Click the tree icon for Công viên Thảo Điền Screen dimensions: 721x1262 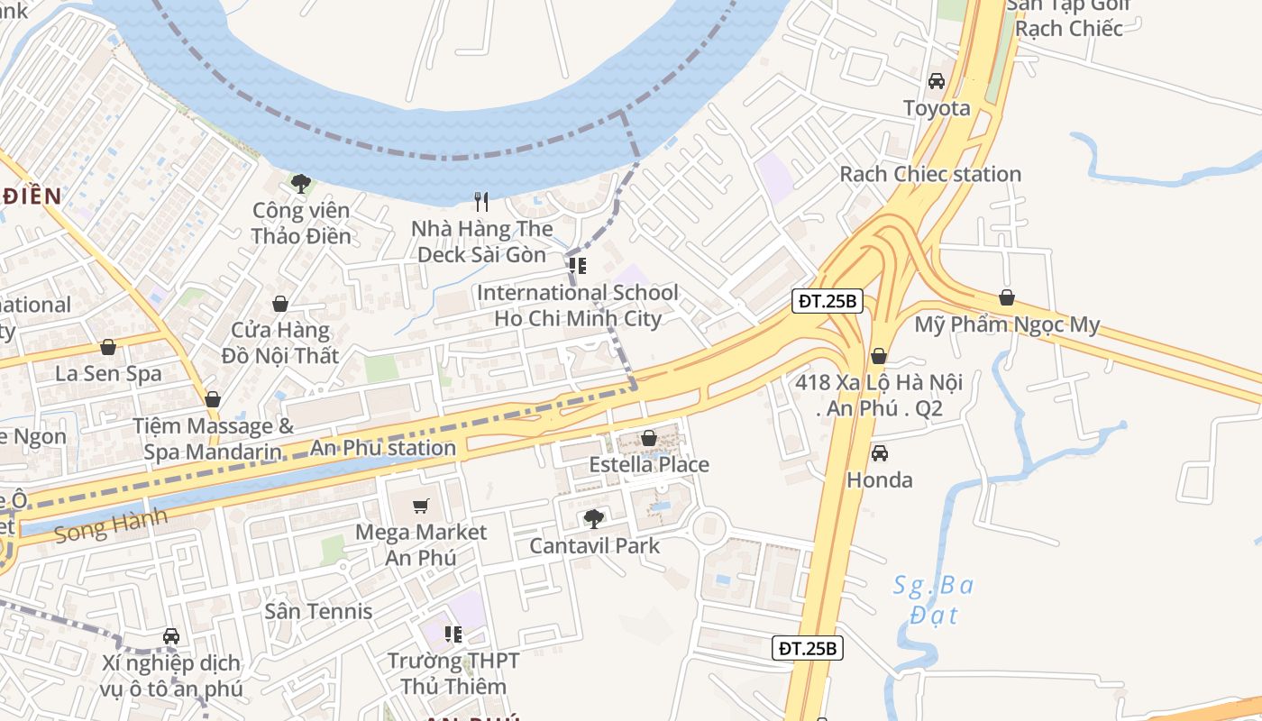(301, 184)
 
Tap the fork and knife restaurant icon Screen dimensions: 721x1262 (481, 202)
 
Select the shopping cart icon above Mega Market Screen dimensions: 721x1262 (420, 507)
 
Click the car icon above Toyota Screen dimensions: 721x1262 (937, 81)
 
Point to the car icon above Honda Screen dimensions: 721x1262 (879, 453)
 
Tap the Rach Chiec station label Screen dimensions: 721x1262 (930, 174)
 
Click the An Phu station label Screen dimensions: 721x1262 (383, 448)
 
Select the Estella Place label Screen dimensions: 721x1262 (649, 465)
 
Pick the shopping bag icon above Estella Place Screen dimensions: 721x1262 (648, 439)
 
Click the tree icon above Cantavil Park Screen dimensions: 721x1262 (593, 518)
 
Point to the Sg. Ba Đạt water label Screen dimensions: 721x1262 (934, 600)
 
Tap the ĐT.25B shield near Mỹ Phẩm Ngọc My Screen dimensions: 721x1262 (828, 301)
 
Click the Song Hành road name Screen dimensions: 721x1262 (111, 525)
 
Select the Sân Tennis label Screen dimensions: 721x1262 (318, 611)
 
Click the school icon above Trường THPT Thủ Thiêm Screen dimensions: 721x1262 (453, 634)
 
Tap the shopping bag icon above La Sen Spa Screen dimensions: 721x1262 (108, 347)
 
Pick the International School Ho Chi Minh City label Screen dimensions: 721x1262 (578, 306)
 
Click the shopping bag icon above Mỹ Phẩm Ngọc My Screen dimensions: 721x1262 (1007, 297)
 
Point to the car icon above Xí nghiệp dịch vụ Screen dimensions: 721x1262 (171, 636)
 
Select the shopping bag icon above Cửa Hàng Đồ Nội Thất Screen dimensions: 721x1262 (280, 304)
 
